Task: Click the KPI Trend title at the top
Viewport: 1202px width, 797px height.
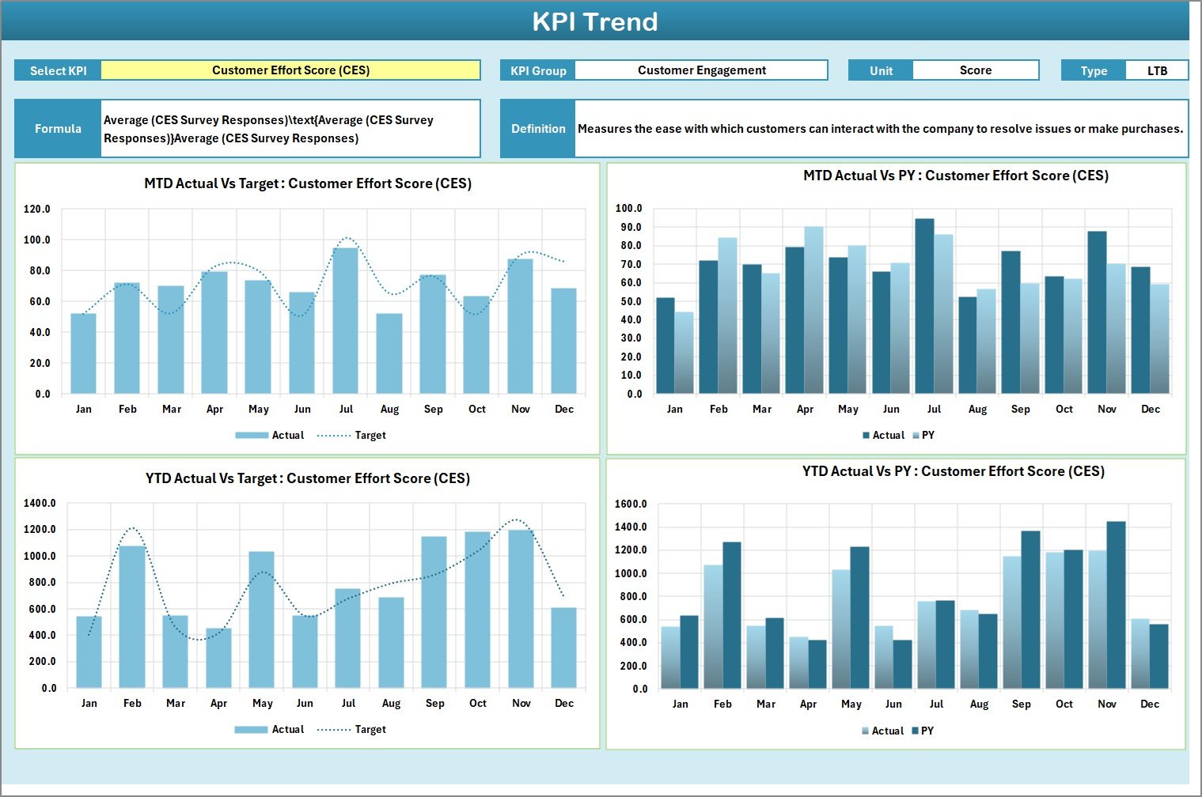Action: [x=594, y=21]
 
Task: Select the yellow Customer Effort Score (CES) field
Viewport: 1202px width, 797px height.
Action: [x=290, y=70]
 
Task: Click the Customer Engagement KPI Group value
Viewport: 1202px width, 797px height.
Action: [x=701, y=70]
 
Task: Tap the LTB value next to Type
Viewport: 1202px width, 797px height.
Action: [x=1156, y=70]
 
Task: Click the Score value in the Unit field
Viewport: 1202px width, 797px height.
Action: [x=975, y=70]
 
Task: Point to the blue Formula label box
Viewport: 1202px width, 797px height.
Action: [x=58, y=128]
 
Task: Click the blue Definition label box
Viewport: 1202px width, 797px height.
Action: [x=538, y=128]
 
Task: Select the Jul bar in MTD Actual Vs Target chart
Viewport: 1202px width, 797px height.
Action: [x=346, y=320]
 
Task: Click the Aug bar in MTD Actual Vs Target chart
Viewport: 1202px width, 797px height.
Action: [x=389, y=353]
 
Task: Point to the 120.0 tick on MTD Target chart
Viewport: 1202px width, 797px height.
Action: [x=37, y=210]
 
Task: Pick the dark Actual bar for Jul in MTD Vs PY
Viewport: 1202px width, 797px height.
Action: [x=924, y=306]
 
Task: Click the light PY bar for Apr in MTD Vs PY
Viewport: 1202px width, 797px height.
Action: [x=813, y=310]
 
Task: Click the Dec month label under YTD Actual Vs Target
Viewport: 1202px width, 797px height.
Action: [x=564, y=703]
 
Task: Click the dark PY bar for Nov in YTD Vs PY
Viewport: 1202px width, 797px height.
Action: [x=1116, y=605]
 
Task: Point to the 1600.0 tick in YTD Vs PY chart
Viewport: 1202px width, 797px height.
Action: [x=631, y=504]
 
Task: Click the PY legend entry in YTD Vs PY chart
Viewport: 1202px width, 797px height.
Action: [x=923, y=731]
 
